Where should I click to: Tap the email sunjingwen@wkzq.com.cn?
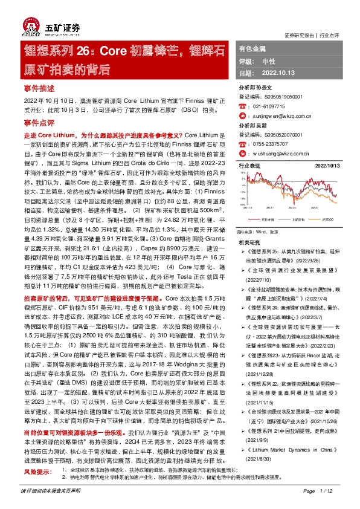[x=281, y=112]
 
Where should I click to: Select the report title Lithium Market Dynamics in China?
[x=290, y=451]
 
